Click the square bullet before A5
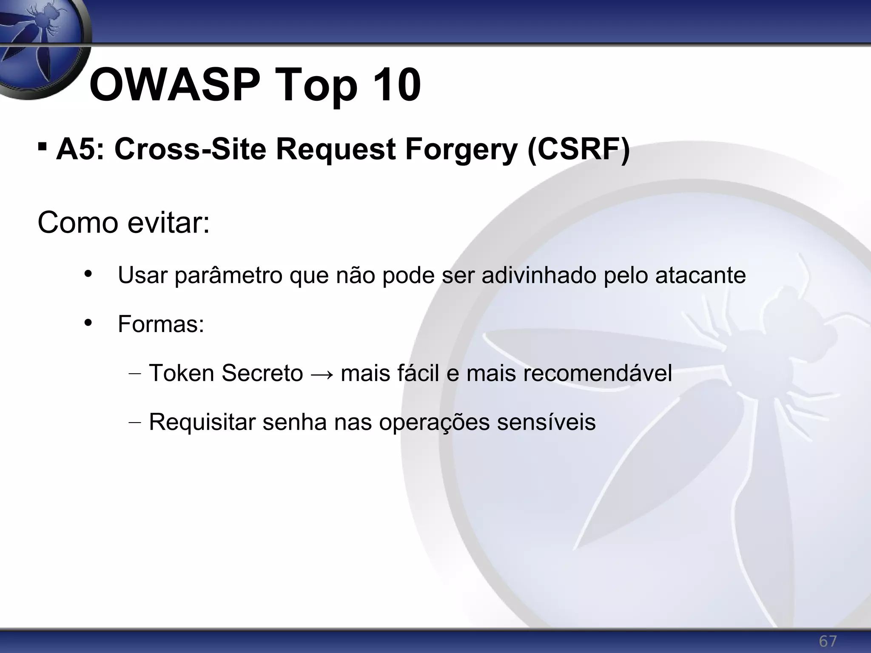pyautogui.click(x=42, y=147)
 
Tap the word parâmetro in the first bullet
pyautogui.click(x=228, y=275)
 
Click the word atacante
pyautogui.click(x=700, y=275)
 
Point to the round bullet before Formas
pyautogui.click(x=88, y=323)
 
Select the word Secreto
pyautogui.click(x=262, y=373)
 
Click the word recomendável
pyautogui.click(x=597, y=373)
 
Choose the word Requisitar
pyautogui.click(x=202, y=422)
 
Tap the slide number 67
pyautogui.click(x=828, y=641)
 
